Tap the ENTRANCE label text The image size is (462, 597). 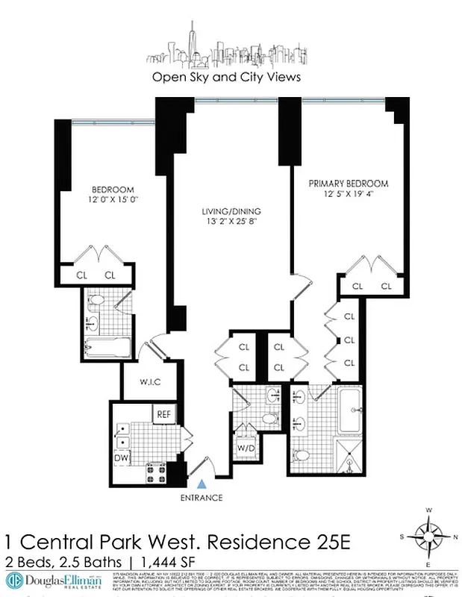coord(202,498)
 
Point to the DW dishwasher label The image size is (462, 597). coord(122,457)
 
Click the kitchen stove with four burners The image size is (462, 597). coord(156,471)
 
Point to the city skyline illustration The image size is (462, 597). coord(226,49)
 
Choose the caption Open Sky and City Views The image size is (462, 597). coord(227,76)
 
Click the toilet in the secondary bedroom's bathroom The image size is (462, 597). coord(96,301)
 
